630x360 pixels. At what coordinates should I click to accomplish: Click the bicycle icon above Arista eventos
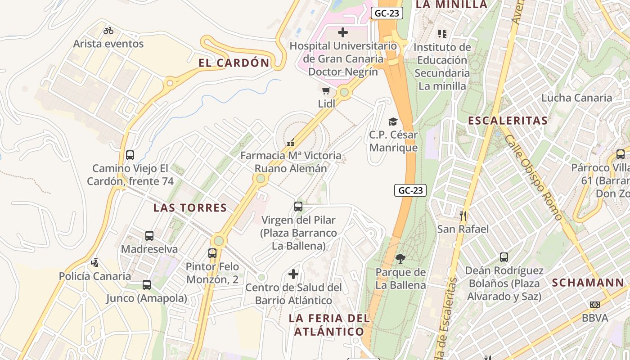pos(108,31)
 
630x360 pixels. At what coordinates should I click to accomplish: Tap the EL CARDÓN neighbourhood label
pos(234,63)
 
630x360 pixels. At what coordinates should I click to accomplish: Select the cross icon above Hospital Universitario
pos(343,32)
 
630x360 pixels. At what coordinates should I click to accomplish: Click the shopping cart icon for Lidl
pos(326,90)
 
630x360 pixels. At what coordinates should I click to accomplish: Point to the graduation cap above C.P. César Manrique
pos(393,121)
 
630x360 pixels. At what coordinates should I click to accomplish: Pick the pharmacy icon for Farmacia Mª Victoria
pos(291,143)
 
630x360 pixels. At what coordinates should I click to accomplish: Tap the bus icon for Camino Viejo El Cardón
pos(130,155)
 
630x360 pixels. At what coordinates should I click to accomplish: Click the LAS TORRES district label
pos(190,208)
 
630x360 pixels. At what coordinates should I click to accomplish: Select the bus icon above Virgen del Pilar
pos(298,207)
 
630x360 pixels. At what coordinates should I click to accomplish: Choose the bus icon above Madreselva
pos(149,236)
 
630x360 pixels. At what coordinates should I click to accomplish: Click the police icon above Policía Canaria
pos(94,263)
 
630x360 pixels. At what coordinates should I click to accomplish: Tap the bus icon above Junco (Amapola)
pos(147,285)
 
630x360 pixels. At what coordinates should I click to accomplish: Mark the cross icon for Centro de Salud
pos(293,274)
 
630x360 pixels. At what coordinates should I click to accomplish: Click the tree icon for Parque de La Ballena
pos(400,259)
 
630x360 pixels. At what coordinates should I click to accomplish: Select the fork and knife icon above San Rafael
pos(463,216)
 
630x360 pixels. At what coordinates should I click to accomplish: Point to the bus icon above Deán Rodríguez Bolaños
pos(504,257)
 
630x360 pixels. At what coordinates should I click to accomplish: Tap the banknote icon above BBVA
pos(595,305)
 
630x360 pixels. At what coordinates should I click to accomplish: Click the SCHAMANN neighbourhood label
pos(588,283)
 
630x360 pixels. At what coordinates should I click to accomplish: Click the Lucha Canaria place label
pos(576,98)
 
